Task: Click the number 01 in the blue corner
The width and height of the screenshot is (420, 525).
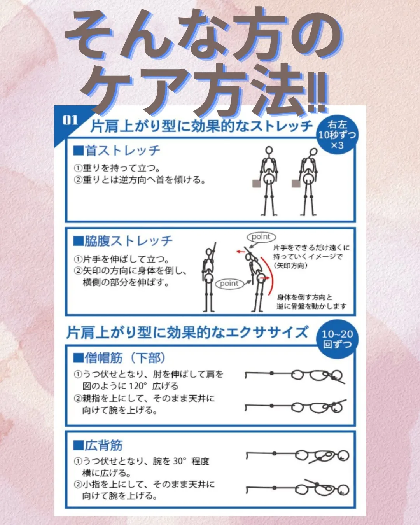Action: coord(70,120)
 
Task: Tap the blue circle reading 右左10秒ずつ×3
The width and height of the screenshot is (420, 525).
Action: coord(337,135)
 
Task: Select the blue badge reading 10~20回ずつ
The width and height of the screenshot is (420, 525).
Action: coord(337,339)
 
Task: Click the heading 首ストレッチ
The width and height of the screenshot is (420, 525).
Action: coord(117,150)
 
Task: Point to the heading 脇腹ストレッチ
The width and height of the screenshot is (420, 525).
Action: coord(123,241)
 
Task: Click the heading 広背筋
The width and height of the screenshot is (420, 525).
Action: coord(98,445)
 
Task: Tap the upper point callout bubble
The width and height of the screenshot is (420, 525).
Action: coord(261,237)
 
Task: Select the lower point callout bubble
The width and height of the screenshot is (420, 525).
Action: coord(229,283)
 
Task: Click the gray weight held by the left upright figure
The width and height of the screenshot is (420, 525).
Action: coord(256,184)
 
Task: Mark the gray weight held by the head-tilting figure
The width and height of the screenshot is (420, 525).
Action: coord(296,184)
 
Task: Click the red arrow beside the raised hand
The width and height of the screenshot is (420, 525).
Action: coord(241,252)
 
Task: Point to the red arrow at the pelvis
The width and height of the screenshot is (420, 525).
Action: coord(264,278)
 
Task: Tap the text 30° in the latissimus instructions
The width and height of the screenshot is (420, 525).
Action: coord(180,461)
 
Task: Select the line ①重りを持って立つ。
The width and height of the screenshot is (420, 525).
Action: coord(117,168)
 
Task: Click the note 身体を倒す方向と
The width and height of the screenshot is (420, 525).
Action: coord(305,297)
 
